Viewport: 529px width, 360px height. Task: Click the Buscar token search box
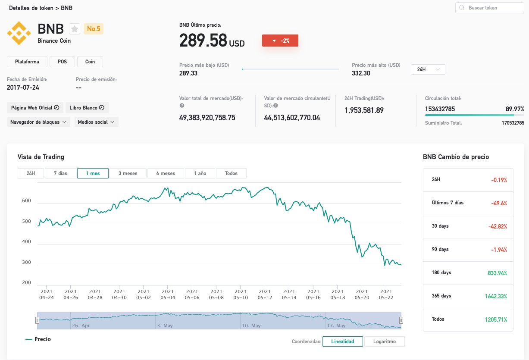coord(489,8)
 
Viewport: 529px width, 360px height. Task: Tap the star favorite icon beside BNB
coord(75,29)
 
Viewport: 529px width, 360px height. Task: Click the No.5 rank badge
coord(94,29)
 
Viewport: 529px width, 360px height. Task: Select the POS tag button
coord(62,62)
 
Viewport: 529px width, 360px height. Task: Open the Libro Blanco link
coord(87,108)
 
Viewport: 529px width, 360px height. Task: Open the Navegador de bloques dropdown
coord(38,122)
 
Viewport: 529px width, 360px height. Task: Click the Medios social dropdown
coord(96,122)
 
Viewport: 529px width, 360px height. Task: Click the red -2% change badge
coord(280,41)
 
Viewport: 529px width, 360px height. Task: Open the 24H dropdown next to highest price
coord(428,69)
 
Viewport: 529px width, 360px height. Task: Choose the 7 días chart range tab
coord(60,173)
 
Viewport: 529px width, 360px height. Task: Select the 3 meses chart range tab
coord(128,173)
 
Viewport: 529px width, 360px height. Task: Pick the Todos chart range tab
coord(231,173)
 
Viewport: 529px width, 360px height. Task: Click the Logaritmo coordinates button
coord(385,341)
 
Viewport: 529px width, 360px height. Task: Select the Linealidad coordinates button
coord(342,341)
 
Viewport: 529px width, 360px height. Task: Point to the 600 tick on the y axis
coord(26,200)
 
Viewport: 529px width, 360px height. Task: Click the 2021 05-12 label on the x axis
coord(265,294)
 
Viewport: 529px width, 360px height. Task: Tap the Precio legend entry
coord(38,339)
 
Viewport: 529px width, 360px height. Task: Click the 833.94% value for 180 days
coord(498,273)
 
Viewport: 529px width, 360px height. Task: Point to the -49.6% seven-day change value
coord(499,203)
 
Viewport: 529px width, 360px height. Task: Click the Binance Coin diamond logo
coord(19,33)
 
